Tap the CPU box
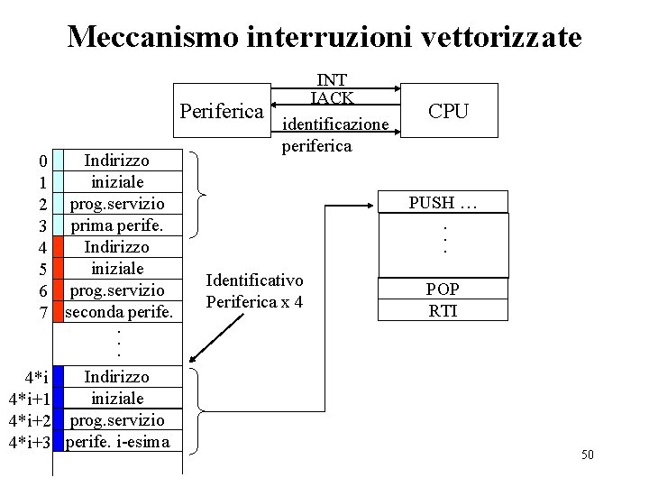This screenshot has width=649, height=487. [448, 111]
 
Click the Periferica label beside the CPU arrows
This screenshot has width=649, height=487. [222, 112]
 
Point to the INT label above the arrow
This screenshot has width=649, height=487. [334, 81]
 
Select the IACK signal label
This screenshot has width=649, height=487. [333, 97]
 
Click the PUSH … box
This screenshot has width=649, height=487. [443, 202]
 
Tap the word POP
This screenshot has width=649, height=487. [443, 289]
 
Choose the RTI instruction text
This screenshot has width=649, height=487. [443, 309]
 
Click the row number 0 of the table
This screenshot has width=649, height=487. [43, 163]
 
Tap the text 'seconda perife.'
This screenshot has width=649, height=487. [119, 312]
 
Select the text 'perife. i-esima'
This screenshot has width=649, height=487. [117, 442]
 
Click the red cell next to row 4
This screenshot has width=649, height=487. [59, 246]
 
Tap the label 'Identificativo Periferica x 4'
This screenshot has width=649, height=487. [255, 290]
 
